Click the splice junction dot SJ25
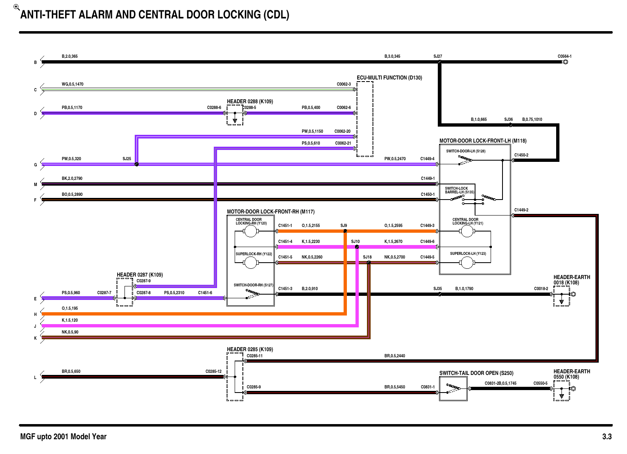point(137,164)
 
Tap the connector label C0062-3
point(344,84)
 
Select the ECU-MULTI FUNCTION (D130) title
point(389,78)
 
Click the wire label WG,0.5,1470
point(72,84)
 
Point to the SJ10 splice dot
point(357,247)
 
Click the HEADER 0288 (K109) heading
point(250,102)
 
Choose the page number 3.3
point(607,437)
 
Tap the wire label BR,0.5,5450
point(394,387)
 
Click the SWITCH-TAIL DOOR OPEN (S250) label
point(476,373)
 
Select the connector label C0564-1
point(564,57)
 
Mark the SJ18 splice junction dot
point(369,263)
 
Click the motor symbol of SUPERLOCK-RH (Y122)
point(250,263)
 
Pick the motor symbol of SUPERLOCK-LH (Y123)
point(466,263)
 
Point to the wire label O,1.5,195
point(70,309)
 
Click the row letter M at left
point(36,184)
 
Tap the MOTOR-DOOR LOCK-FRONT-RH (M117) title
point(271,212)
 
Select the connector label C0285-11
point(254,356)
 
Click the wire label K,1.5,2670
point(393,242)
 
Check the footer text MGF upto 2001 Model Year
point(63,437)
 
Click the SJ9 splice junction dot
point(345,231)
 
